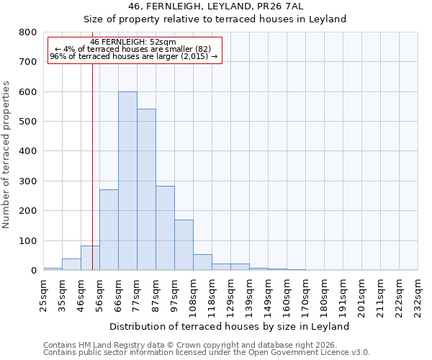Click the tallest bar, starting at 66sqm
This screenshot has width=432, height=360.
pyautogui.click(x=127, y=181)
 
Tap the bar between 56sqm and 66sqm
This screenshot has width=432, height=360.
pyautogui.click(x=109, y=230)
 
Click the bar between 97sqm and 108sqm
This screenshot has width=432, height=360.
pyautogui.click(x=184, y=245)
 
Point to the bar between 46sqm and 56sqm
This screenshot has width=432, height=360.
pyautogui.click(x=90, y=258)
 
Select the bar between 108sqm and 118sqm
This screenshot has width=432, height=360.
pyautogui.click(x=202, y=262)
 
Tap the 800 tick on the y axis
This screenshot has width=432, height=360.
pyautogui.click(x=28, y=32)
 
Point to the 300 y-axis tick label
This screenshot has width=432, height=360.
pyautogui.click(x=28, y=181)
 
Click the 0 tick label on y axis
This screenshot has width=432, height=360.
pyautogui.click(x=33, y=271)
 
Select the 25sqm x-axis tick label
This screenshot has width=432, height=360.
pyautogui.click(x=43, y=294)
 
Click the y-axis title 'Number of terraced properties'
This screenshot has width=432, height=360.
pyautogui.click(x=7, y=155)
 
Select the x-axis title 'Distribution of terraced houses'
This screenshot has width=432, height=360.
pyautogui.click(x=230, y=326)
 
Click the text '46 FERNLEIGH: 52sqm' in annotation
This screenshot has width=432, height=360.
pyautogui.click(x=133, y=42)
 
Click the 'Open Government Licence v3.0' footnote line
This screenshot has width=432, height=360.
pyautogui.click(x=207, y=353)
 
